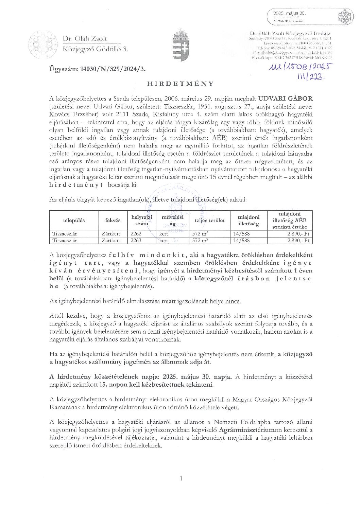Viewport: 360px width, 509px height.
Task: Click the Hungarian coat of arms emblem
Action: [x=181, y=45]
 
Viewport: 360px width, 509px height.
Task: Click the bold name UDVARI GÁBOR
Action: [x=285, y=99]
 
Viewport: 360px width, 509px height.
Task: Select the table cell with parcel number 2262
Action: [x=136, y=234]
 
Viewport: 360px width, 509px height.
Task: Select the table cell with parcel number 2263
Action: [x=136, y=241]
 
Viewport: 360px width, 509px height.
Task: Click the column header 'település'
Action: [x=74, y=220]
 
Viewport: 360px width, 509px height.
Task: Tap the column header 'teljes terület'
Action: [x=209, y=220]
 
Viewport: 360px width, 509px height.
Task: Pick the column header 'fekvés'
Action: [x=113, y=220]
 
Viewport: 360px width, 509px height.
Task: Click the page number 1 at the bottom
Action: [x=181, y=478]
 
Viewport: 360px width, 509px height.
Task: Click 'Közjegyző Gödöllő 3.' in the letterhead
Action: [x=95, y=49]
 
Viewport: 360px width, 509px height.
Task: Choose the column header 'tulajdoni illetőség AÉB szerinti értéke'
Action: [x=290, y=220]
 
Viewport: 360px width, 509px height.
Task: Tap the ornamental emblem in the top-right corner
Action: [x=345, y=16]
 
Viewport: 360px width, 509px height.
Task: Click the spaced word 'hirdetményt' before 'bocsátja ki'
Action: [x=76, y=185]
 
